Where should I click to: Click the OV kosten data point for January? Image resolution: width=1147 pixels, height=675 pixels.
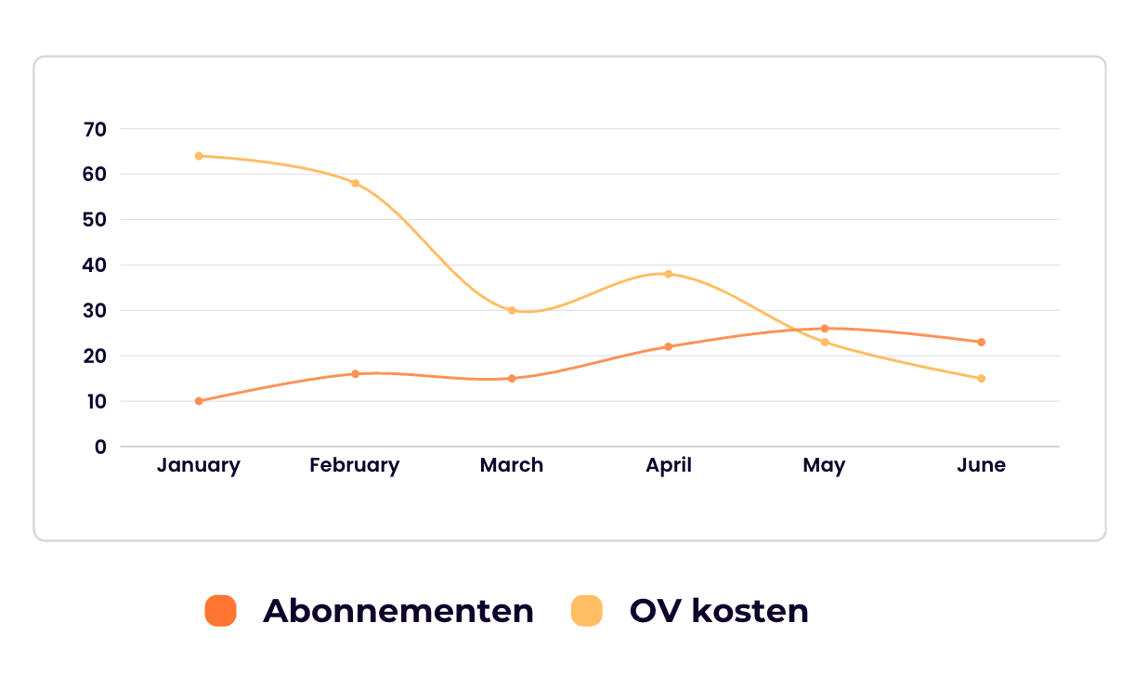pos(199,156)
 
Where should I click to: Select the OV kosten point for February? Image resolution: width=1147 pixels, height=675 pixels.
pos(355,183)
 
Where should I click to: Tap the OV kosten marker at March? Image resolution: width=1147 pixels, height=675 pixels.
pos(512,310)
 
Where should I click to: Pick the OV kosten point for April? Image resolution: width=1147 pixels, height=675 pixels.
pos(668,274)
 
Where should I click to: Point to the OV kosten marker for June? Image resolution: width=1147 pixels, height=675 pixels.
pos(981,378)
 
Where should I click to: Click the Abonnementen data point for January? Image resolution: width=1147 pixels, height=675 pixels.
pos(199,401)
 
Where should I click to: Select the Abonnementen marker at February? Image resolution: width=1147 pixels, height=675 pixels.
pos(355,374)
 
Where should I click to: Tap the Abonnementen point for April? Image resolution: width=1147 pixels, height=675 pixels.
pos(668,346)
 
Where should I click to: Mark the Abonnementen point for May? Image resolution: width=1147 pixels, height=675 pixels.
pos(825,329)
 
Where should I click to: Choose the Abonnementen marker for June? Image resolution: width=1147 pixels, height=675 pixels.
pos(981,342)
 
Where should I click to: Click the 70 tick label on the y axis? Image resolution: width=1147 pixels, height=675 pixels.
pos(95,129)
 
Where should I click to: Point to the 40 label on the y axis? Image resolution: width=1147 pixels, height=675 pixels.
pos(95,266)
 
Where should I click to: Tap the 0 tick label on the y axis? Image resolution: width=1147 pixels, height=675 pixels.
pos(100,447)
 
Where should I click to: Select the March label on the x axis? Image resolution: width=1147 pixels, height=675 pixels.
pos(512,465)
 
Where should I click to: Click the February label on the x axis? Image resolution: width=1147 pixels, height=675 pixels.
pos(355,465)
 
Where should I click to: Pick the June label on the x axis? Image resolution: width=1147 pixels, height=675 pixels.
pos(981,465)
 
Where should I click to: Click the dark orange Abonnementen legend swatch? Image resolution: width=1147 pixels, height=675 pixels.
pos(221,611)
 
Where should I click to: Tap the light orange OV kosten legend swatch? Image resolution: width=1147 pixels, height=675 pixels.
pos(586,611)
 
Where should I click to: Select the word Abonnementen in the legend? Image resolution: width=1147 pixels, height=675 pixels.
pos(398,611)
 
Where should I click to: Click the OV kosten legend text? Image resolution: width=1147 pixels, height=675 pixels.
pos(719,611)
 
